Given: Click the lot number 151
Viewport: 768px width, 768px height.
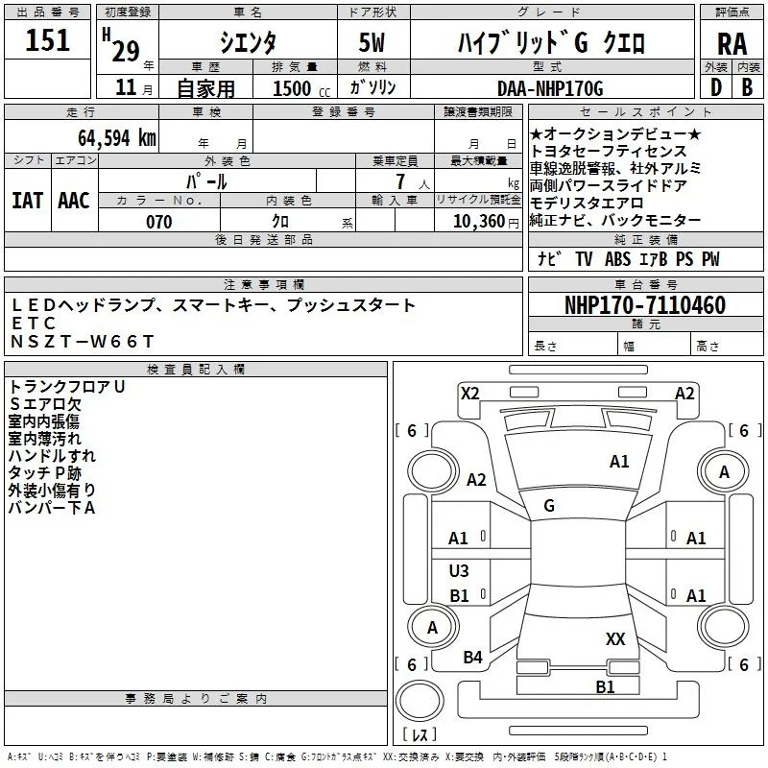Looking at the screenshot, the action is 47,39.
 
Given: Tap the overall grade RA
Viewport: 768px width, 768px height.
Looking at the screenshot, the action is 732,44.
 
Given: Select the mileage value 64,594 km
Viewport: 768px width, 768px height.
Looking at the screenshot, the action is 117,138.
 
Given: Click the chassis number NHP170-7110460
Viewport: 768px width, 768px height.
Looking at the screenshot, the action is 645,305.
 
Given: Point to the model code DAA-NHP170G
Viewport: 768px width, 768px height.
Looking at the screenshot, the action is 550,88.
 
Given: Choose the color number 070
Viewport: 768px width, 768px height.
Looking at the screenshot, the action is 159,222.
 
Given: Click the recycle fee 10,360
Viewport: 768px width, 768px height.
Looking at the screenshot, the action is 479,222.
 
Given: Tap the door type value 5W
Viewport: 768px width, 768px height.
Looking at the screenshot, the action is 372,42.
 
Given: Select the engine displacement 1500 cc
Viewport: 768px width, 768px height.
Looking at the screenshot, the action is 301,88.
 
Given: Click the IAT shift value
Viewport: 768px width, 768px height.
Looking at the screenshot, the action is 28,201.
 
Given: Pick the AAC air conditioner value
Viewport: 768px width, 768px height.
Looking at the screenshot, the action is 74,201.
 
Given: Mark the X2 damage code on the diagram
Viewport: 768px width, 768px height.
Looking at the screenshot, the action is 470,394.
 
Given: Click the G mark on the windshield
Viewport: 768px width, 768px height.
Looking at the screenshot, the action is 549,506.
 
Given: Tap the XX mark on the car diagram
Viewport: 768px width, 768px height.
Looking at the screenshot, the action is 615,639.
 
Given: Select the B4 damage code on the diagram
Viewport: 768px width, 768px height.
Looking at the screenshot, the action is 472,658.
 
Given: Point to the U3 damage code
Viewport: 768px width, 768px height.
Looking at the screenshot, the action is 459,570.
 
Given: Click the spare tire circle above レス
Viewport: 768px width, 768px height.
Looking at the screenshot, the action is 420,701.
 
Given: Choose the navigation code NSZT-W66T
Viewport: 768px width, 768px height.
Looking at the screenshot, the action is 83,342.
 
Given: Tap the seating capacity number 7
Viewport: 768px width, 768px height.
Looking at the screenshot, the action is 400,181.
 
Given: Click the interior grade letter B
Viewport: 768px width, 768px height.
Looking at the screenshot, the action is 747,87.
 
